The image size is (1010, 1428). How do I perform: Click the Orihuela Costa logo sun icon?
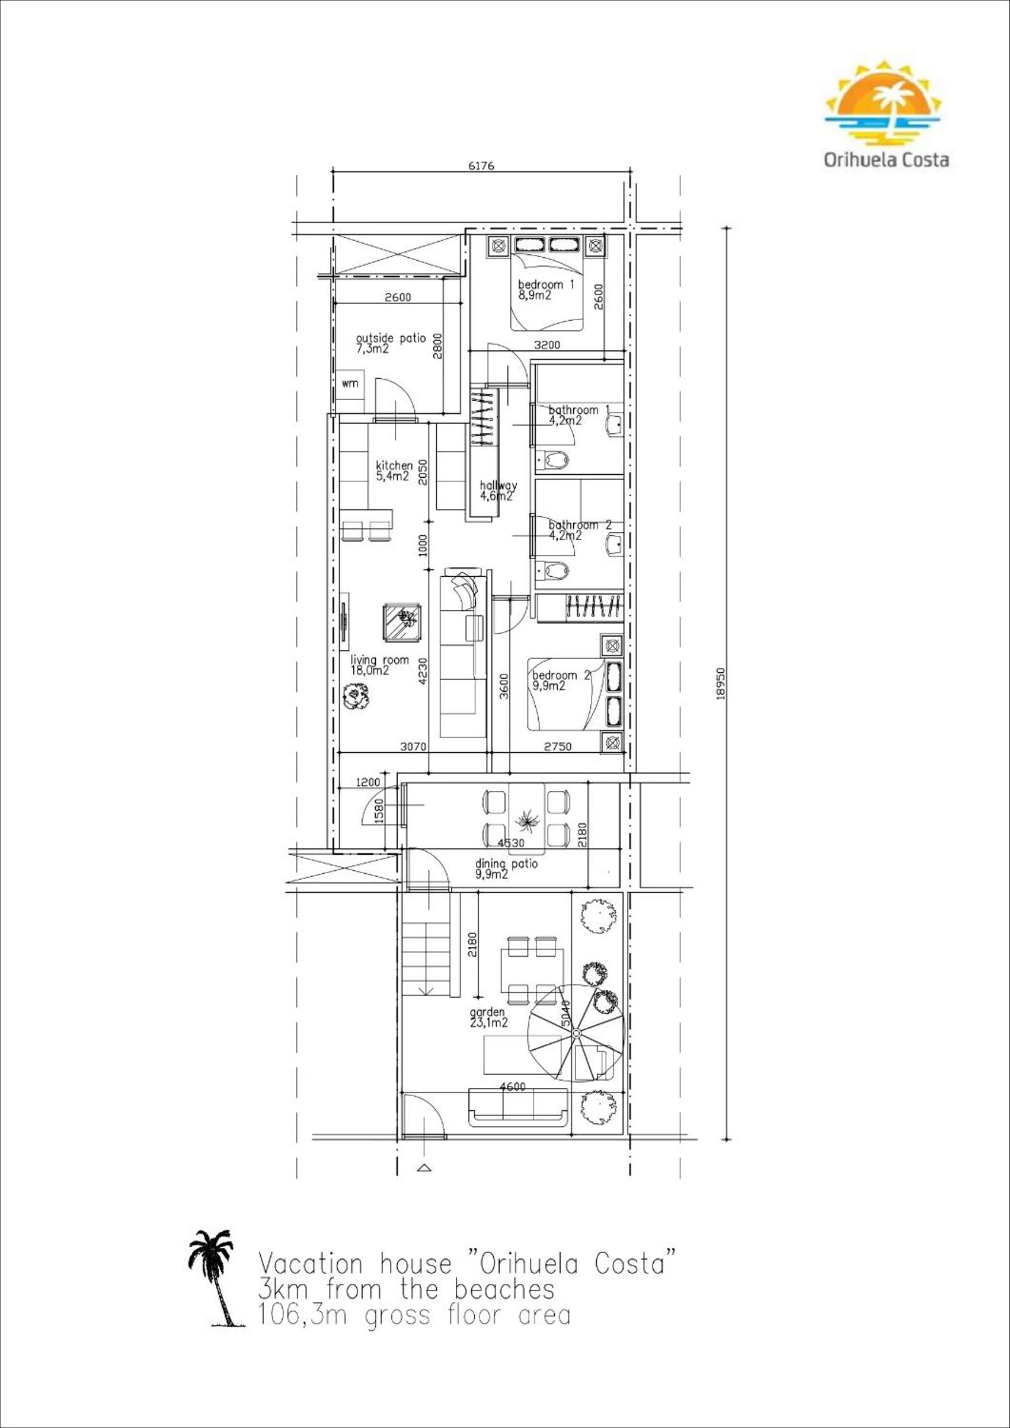(883, 102)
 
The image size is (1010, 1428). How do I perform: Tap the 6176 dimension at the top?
(480, 166)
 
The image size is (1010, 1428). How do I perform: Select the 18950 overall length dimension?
(721, 684)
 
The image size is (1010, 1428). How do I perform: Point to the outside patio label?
(391, 343)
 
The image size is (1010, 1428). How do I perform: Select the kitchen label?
(394, 471)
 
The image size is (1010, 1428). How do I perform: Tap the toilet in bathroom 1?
(552, 460)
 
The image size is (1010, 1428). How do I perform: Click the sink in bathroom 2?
(615, 546)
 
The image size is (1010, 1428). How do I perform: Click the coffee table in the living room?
(403, 623)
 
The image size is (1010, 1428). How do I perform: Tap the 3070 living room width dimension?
(413, 747)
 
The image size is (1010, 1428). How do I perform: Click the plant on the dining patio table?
(527, 821)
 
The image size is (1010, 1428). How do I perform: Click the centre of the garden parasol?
(576, 1033)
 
